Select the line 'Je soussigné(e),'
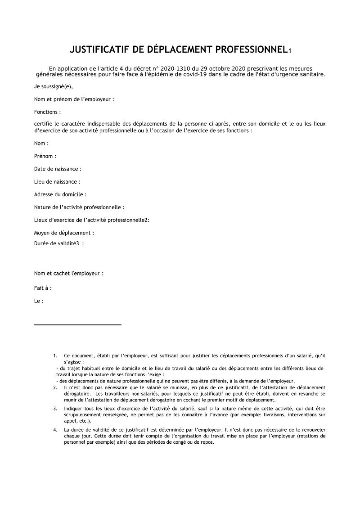pyautogui.click(x=53, y=87)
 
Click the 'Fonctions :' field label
pyautogui.click(x=47, y=112)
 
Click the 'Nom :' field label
pyautogui.click(x=41, y=143)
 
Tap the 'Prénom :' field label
pyautogui.click(x=45, y=156)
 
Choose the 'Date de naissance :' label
pyautogui.click(x=58, y=169)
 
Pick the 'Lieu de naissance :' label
pyautogui.click(x=57, y=182)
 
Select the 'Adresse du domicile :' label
pyautogui.click(x=60, y=194)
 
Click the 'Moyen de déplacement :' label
pyautogui.click(x=64, y=233)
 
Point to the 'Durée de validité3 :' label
pyautogui.click(x=59, y=243)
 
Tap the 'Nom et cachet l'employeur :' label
pyautogui.click(x=69, y=273)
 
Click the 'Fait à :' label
pyautogui.click(x=43, y=288)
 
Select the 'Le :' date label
pyautogui.click(x=39, y=301)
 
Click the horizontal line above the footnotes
pyautogui.click(x=78, y=324)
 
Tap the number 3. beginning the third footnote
pyautogui.click(x=55, y=409)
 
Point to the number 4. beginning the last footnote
pyautogui.click(x=55, y=430)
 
